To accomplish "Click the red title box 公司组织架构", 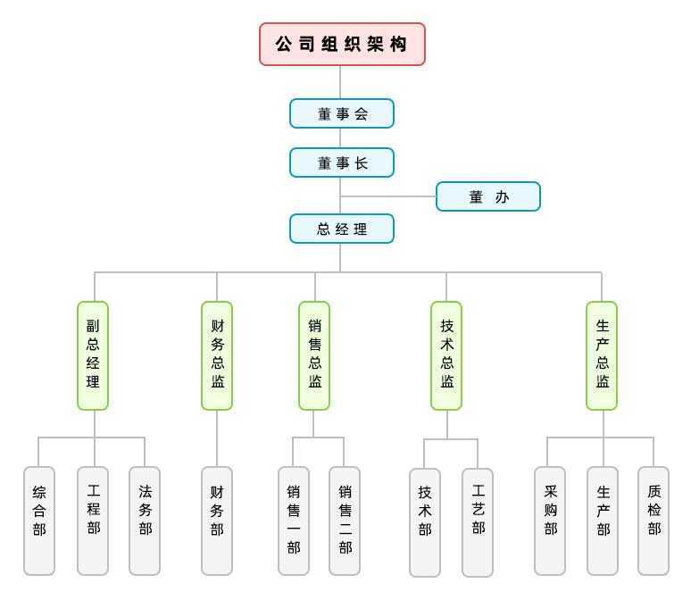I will coord(342,45).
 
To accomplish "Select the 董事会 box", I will coord(342,113).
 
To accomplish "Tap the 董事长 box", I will coord(342,162).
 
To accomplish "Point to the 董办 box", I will coord(488,196).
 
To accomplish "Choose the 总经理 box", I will coord(342,229).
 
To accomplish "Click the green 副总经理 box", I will coord(93,355).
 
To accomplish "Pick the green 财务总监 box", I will coord(217,355).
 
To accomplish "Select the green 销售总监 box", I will coord(314,355).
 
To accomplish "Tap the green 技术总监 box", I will coord(446,355).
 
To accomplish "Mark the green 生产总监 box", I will coord(602,355).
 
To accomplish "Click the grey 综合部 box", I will coord(39,521).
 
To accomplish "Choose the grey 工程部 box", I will coord(93,521).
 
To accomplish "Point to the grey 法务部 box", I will coord(145,521).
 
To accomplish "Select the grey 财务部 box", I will coord(217,521).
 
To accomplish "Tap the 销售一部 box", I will coord(294,521).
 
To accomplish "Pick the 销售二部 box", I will coord(345,521).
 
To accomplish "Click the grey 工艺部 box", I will coord(478,521).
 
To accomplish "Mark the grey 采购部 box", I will coord(550,521).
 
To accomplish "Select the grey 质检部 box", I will coord(654,521).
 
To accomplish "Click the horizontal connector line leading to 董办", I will coord(388,196).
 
